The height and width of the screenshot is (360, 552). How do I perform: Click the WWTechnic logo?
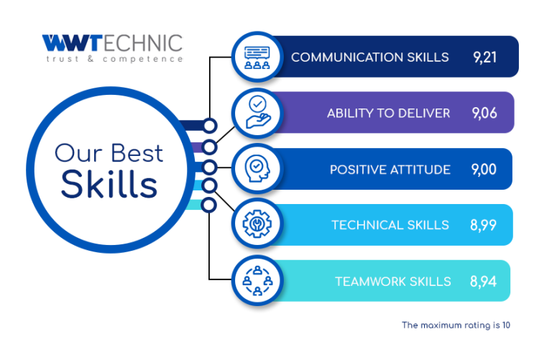pyautogui.click(x=112, y=48)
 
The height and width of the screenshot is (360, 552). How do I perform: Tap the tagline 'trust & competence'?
pyautogui.click(x=114, y=59)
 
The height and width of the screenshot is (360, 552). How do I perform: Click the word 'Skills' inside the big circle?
pyautogui.click(x=109, y=184)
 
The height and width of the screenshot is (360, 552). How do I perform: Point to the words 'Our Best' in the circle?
pyautogui.click(x=109, y=154)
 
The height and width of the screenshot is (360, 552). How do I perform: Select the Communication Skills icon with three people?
pyautogui.click(x=257, y=57)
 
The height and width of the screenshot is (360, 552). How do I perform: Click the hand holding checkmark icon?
pyautogui.click(x=258, y=112)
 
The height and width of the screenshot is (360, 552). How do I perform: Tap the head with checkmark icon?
pyautogui.click(x=257, y=169)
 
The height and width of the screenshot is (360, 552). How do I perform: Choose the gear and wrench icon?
pyautogui.click(x=257, y=223)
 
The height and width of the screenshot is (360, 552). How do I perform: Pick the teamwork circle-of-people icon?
pyautogui.click(x=258, y=280)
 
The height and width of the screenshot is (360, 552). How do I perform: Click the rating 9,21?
pyautogui.click(x=484, y=57)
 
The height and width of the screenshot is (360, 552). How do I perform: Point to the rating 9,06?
pyautogui.click(x=484, y=113)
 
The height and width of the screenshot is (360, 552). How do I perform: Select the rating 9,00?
pyautogui.click(x=484, y=170)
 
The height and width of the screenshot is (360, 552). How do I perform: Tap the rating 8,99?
pyautogui.click(x=483, y=225)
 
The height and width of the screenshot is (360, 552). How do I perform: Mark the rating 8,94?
pyautogui.click(x=483, y=281)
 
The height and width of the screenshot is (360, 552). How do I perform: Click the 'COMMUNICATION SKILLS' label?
pyautogui.click(x=370, y=57)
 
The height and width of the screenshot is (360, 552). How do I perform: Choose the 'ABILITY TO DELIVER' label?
pyautogui.click(x=389, y=114)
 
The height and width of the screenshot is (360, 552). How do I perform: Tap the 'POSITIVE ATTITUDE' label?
pyautogui.click(x=390, y=170)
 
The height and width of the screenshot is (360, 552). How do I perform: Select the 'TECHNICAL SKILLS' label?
pyautogui.click(x=390, y=225)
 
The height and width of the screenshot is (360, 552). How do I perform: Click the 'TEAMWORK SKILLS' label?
pyautogui.click(x=393, y=282)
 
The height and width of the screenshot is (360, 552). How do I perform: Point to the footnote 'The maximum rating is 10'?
pyautogui.click(x=456, y=326)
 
